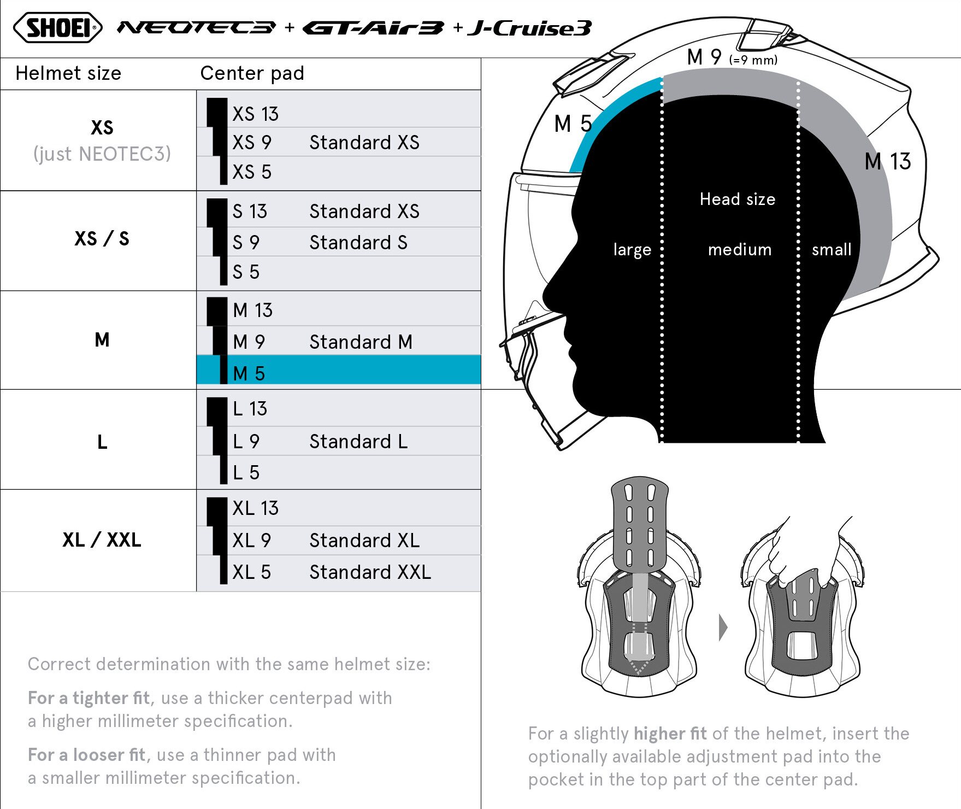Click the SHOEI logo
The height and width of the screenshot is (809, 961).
coord(57,27)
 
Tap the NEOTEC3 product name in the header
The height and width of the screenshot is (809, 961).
coord(197,27)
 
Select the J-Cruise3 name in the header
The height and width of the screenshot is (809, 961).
coord(529,28)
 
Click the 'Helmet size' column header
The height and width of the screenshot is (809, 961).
coord(68,73)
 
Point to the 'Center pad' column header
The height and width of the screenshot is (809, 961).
coord(252,73)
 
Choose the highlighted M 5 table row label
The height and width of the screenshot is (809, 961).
coord(249,373)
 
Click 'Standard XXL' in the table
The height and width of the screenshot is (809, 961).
coord(370,572)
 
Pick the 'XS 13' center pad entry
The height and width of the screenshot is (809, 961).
coord(255,114)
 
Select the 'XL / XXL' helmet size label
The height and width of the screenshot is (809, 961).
coord(102,540)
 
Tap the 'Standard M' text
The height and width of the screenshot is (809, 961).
coord(361,342)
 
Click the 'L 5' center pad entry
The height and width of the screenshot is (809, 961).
coord(246,473)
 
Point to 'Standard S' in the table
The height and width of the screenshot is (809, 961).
coord(358,243)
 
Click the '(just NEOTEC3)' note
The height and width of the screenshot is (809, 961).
coord(102,154)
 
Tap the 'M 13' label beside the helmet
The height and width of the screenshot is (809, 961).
coord(888,162)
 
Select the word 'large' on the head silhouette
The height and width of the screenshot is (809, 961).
coord(632,250)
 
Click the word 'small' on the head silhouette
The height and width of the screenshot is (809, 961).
coord(832,250)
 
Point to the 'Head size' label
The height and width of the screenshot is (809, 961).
coord(738,199)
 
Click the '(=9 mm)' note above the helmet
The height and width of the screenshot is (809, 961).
coord(753,60)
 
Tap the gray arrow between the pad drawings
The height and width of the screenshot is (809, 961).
coord(723,628)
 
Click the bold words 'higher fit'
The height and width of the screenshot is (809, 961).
coord(670,734)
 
